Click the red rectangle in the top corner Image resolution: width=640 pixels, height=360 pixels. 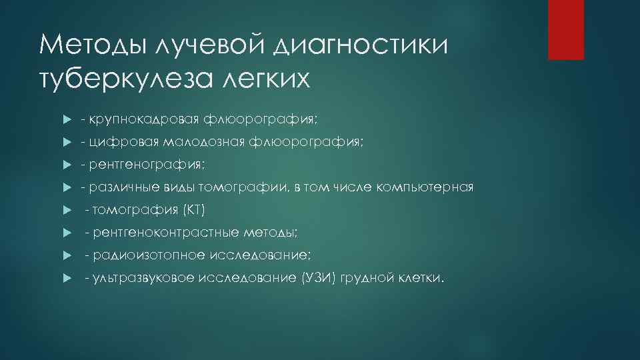(565, 30)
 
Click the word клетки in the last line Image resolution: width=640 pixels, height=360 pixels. (419, 278)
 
